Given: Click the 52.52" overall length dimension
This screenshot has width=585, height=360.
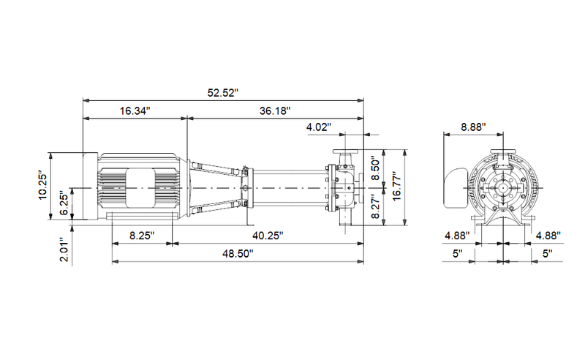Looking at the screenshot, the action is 223,93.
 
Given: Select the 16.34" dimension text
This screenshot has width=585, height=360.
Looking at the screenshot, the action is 135,111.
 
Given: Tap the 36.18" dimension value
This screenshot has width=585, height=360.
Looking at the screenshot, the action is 275,111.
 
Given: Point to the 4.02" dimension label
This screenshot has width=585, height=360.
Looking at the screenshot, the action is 319,127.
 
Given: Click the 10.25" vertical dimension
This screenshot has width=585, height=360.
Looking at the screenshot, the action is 43,186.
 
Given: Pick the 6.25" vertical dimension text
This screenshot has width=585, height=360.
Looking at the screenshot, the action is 64,204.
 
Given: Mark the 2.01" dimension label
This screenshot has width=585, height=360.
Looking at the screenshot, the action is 64,250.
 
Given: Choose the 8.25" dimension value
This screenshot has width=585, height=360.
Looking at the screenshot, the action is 142,236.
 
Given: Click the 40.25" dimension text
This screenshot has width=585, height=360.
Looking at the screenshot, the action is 268,236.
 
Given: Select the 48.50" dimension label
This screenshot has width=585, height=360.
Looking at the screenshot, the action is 238,254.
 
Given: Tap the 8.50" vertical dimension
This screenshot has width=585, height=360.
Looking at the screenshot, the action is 376,169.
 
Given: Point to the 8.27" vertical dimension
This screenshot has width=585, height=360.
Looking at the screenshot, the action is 376,206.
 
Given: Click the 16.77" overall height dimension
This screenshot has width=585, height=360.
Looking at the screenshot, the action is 397,187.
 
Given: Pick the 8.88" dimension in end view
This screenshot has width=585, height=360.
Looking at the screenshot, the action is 473,127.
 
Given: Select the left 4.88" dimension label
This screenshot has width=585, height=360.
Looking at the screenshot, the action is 457,236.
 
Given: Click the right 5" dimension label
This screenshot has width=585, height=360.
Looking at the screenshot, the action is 547,254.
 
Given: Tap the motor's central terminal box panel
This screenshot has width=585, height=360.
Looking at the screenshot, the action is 140,188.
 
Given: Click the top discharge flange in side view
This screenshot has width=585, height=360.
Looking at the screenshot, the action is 345,151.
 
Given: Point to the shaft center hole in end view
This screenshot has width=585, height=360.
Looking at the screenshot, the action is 503,188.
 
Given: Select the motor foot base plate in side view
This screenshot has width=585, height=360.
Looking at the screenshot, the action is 142,217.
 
